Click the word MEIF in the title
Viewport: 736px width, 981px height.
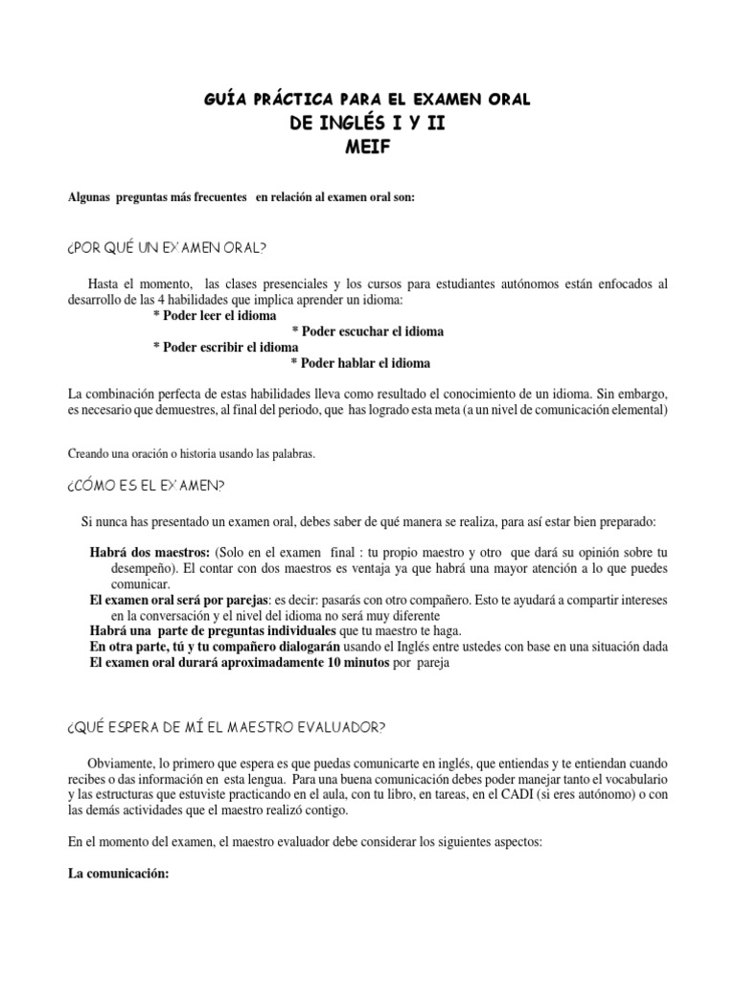click(x=368, y=147)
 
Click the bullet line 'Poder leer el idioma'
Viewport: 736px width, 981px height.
click(x=215, y=315)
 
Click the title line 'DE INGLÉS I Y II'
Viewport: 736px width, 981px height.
click(x=368, y=124)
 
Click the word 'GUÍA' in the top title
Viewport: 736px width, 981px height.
click(x=227, y=100)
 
